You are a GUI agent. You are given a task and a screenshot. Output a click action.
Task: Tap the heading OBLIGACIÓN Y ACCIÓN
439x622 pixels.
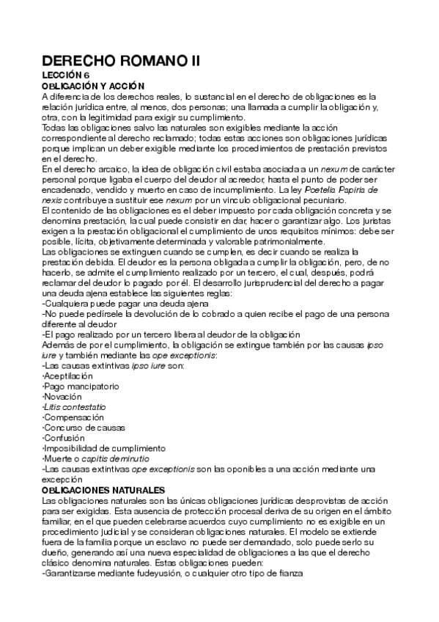[x=94, y=86]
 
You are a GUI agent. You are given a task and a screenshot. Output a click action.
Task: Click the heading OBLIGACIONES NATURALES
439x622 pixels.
[x=103, y=489]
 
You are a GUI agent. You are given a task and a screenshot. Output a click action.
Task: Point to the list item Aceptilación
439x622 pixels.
[x=68, y=375]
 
